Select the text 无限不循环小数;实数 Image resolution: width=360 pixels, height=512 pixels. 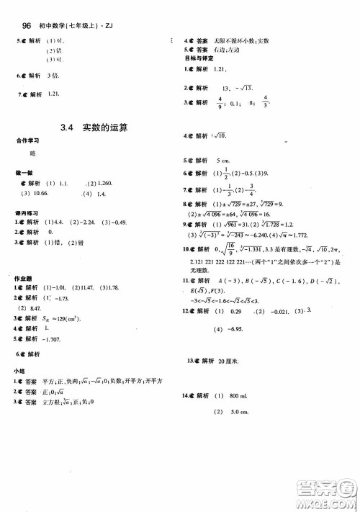(x=240, y=40)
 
